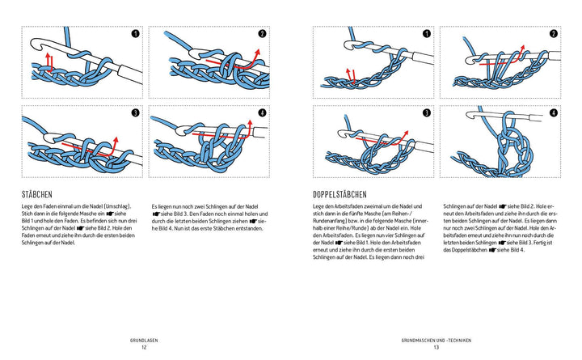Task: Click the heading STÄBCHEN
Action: point(40,194)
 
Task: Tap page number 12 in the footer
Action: point(143,348)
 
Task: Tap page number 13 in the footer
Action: point(435,348)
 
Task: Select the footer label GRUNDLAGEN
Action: point(143,340)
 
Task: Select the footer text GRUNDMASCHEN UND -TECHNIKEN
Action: point(435,340)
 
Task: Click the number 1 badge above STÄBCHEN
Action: point(135,34)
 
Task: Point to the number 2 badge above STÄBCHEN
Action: point(263,34)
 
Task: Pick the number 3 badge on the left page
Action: point(135,113)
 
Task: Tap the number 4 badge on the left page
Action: point(263,113)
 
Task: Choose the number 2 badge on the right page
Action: point(554,34)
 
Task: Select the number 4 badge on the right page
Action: point(554,114)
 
